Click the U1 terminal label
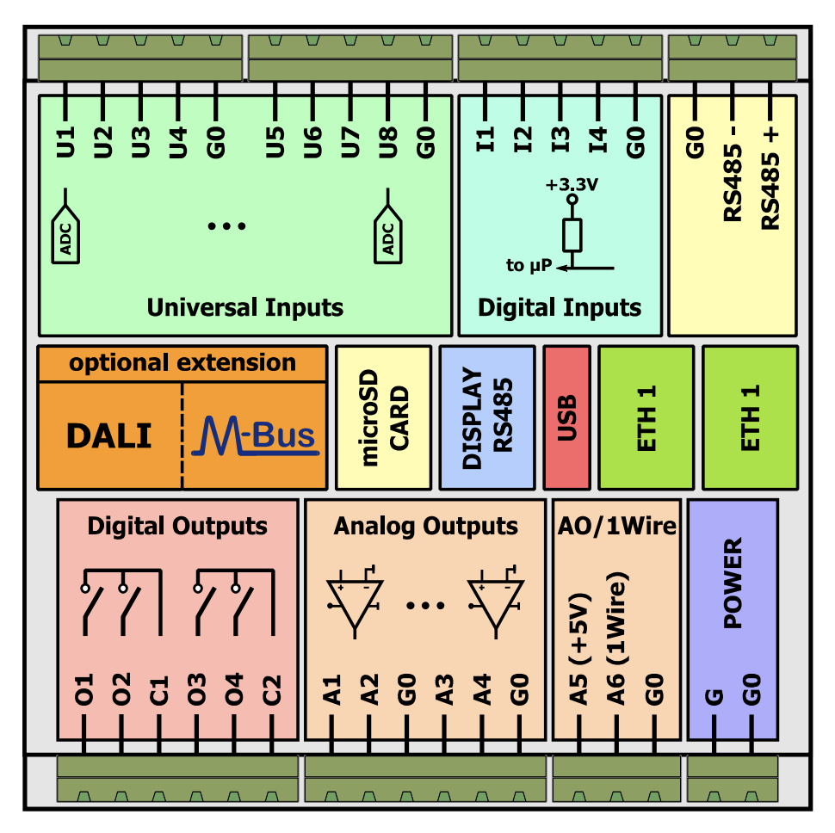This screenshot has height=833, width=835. click(66, 141)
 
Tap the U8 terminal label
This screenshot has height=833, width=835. click(388, 141)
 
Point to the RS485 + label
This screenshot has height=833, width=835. click(770, 180)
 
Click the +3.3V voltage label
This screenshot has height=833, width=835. click(571, 184)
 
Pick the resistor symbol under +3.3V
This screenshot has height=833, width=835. click(572, 233)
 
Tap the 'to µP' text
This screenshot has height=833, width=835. click(529, 265)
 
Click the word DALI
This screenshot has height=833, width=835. click(108, 436)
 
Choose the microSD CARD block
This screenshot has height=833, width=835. click(383, 418)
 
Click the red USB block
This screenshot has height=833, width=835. click(566, 418)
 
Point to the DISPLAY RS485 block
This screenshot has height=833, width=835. click(486, 418)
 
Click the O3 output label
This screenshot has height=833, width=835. click(197, 690)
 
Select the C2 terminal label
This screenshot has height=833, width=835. click(272, 690)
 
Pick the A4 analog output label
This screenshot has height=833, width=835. click(481, 690)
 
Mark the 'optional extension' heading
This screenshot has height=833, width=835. click(182, 362)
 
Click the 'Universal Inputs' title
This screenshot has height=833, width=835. click(244, 307)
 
